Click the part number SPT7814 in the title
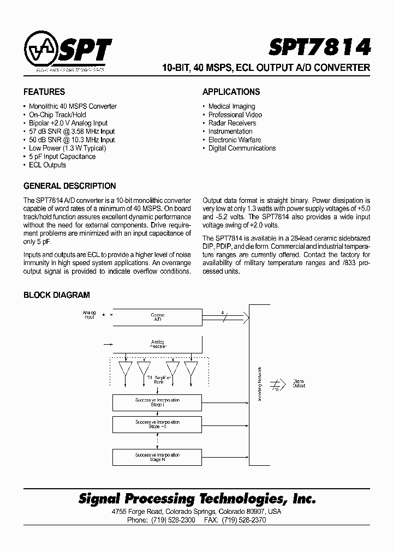click(x=319, y=47)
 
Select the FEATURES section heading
click(x=44, y=92)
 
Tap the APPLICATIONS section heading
click(x=231, y=92)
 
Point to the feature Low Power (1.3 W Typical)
click(x=67, y=148)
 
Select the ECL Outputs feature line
click(x=47, y=165)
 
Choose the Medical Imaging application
click(x=231, y=106)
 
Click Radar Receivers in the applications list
click(x=232, y=123)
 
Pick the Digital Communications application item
click(x=242, y=148)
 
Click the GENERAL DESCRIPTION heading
click(x=69, y=186)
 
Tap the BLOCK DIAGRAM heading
click(x=56, y=295)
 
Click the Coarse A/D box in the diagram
click(x=157, y=317)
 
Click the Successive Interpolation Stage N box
click(x=157, y=457)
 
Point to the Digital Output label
click(x=299, y=383)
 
